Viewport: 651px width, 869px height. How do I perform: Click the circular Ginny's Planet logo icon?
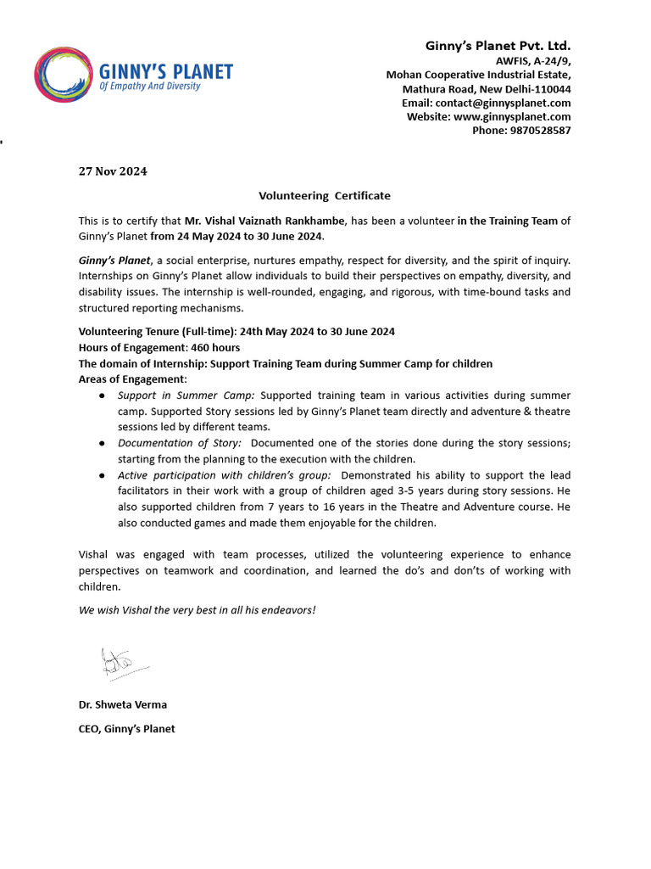(64, 74)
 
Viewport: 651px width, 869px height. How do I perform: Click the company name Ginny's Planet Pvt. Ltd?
(498, 45)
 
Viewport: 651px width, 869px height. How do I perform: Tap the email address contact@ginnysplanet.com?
(486, 103)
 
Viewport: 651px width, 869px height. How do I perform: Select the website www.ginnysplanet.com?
(488, 116)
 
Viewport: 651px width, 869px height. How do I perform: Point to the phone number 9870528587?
(521, 131)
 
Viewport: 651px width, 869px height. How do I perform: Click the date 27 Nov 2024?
(113, 171)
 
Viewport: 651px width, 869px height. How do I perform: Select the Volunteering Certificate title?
(325, 195)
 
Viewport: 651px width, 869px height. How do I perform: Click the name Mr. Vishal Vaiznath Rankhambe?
(264, 221)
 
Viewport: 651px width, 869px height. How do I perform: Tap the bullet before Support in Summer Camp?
(102, 396)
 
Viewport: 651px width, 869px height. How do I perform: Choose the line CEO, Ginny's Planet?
(127, 728)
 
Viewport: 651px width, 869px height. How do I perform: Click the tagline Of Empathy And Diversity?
(150, 87)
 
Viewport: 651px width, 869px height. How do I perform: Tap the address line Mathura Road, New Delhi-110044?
(487, 88)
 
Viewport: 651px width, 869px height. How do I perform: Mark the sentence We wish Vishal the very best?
(197, 609)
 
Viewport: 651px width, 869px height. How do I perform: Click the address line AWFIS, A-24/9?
(533, 60)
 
